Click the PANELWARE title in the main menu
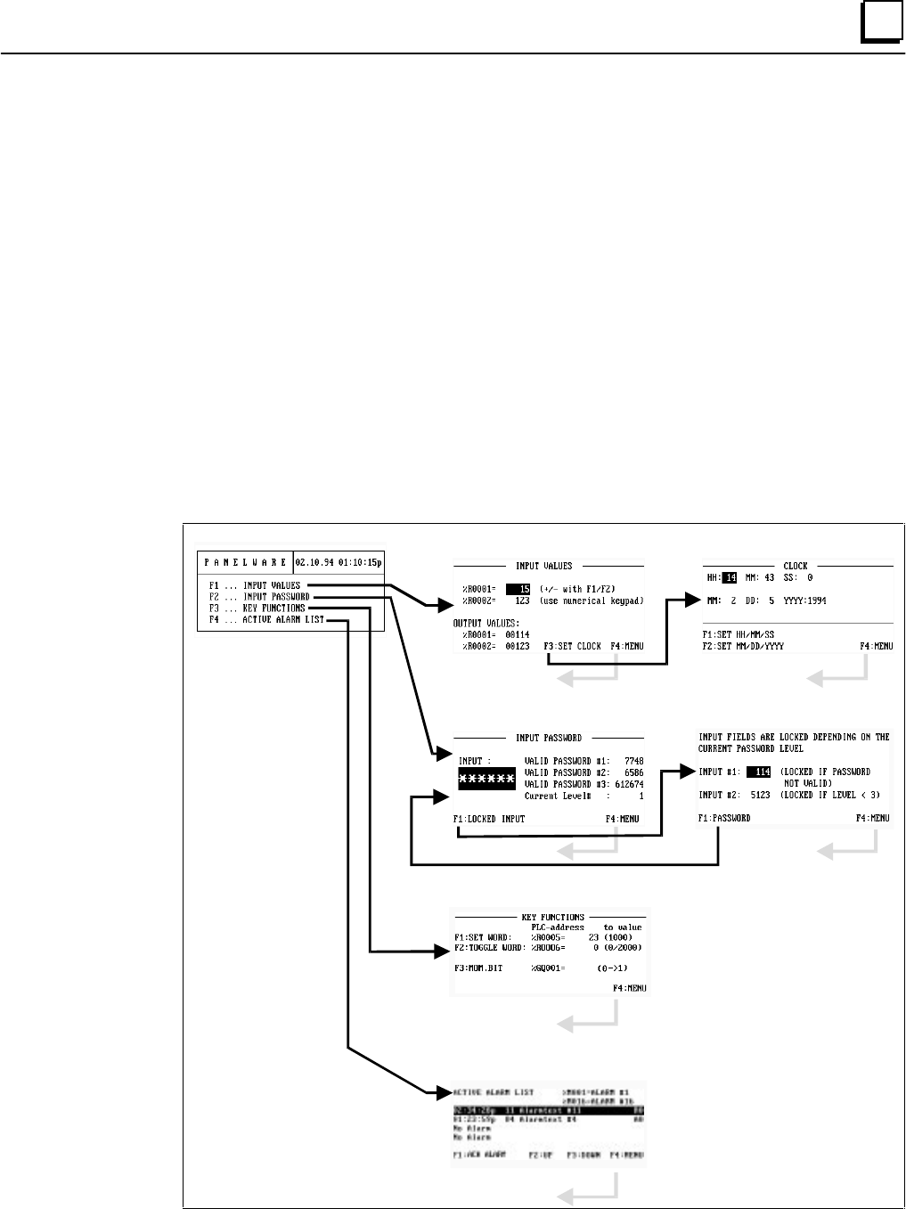coord(245,562)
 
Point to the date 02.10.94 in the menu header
coord(315,562)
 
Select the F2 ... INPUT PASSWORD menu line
coord(259,596)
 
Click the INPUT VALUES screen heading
coord(543,565)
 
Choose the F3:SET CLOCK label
coord(572,645)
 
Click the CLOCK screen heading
coord(795,565)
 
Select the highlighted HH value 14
coord(730,577)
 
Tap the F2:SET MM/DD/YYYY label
coord(742,645)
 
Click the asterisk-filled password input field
coord(486,778)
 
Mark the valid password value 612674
coord(623,783)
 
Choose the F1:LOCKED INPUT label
coord(488,818)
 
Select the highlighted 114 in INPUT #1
coord(759,772)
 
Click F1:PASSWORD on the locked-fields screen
coord(724,818)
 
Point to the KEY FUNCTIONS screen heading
coord(552,916)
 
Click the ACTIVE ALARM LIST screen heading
coord(494,1091)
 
